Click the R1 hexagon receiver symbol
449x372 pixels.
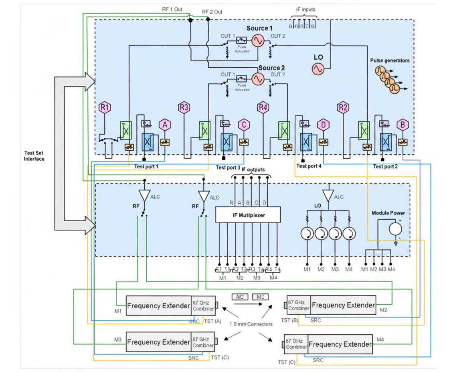click(x=105, y=107)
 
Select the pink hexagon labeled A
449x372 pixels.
click(x=164, y=125)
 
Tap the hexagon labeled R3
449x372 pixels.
click(x=184, y=107)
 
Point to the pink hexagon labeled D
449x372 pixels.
click(x=323, y=125)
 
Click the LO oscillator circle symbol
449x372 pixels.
click(x=318, y=69)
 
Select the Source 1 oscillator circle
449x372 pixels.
click(x=257, y=40)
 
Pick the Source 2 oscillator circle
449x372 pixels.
click(x=257, y=79)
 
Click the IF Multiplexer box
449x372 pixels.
click(x=248, y=215)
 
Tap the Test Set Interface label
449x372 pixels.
click(x=34, y=156)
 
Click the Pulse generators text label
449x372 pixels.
click(x=390, y=61)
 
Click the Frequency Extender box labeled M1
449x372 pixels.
click(x=158, y=306)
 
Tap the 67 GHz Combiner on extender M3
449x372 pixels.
click(x=203, y=342)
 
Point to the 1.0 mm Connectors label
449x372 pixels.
click(x=250, y=324)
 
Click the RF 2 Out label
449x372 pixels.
click(x=212, y=12)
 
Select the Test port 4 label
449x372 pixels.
click(x=309, y=166)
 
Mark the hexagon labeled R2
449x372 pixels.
click(x=343, y=107)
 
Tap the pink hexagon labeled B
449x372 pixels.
click(x=402, y=125)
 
